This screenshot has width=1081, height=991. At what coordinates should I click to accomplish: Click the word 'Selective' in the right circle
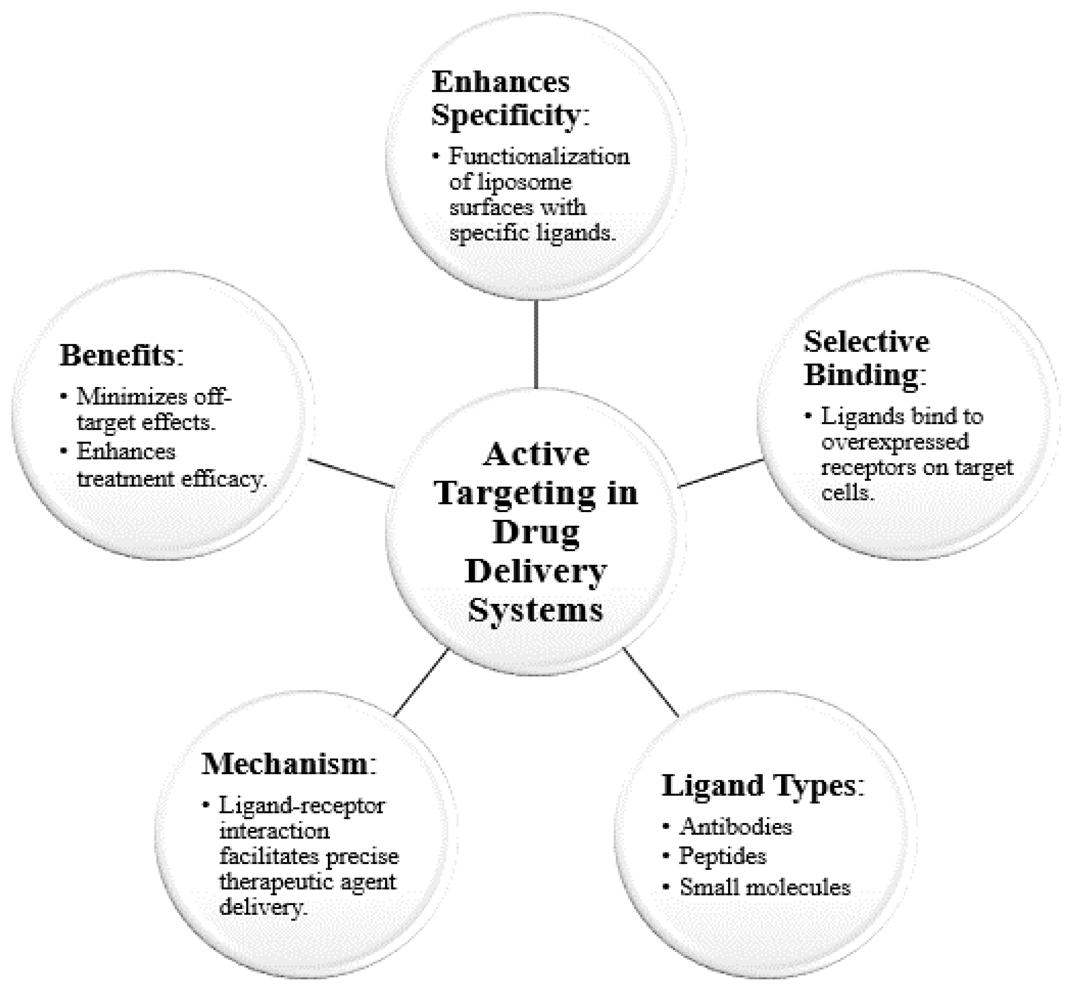coord(866,342)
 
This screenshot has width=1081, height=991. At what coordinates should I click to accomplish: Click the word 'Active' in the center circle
coord(536,454)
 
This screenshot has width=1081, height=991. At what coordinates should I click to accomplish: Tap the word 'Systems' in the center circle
coord(536,610)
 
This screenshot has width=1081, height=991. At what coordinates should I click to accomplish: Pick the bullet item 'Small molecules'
coord(765,887)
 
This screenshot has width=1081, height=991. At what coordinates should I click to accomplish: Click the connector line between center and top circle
coord(536,343)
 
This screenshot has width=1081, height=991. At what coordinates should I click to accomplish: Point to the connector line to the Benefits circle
coord(351,473)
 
